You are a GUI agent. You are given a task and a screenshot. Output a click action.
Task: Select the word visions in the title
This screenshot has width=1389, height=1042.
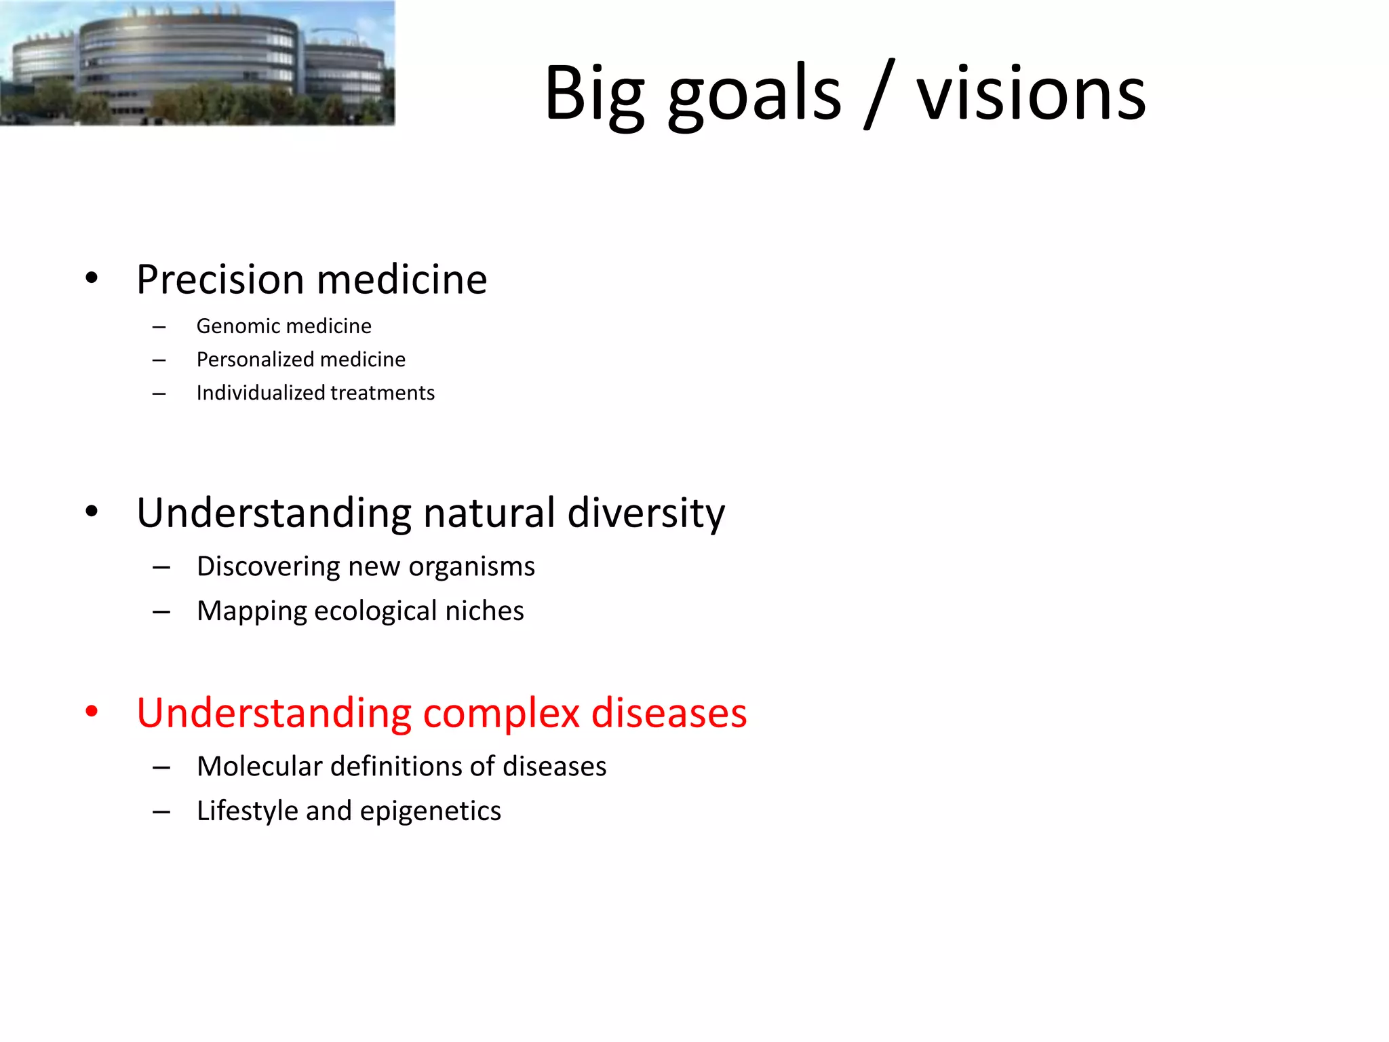(x=1031, y=95)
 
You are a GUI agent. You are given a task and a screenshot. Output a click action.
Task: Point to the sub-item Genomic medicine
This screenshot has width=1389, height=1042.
(x=283, y=326)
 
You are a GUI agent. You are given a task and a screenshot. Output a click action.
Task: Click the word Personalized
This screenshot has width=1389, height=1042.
(x=254, y=360)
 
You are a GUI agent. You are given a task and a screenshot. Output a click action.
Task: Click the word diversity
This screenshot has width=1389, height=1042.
(x=646, y=513)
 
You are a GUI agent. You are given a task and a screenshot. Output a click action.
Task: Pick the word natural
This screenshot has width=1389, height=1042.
(x=489, y=513)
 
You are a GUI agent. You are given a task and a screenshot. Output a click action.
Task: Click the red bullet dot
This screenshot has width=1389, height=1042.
(x=92, y=712)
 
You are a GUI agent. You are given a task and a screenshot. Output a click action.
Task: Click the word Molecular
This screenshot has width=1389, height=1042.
(x=259, y=767)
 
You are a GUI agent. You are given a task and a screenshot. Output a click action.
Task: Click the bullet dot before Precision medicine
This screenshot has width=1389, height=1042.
(x=92, y=278)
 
